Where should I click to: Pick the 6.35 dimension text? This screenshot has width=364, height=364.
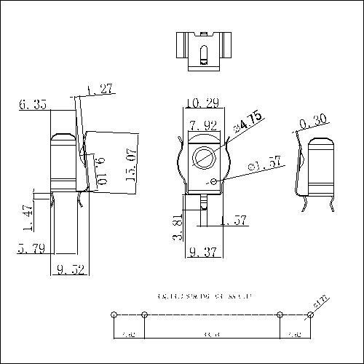click(x=33, y=105)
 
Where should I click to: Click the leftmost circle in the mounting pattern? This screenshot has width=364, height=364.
click(x=114, y=314)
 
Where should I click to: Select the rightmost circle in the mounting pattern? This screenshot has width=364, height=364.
click(x=311, y=314)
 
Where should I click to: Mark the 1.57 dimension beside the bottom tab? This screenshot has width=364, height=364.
click(x=234, y=220)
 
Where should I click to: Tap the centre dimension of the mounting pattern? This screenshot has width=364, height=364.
click(x=213, y=334)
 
